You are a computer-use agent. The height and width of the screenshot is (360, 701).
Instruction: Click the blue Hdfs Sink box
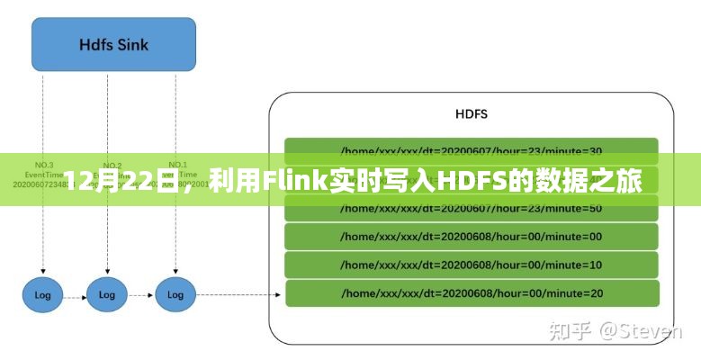(113, 44)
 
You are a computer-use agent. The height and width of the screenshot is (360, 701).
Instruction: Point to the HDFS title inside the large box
(472, 115)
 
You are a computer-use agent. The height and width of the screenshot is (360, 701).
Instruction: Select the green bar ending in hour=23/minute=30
(472, 149)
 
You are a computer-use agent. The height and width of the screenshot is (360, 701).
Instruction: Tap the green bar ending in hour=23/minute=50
(472, 208)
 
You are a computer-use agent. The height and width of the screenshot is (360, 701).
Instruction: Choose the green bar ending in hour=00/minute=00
(472, 236)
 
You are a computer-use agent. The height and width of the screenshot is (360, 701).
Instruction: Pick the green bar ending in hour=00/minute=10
(472, 265)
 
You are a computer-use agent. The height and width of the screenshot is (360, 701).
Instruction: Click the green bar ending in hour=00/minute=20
(472, 292)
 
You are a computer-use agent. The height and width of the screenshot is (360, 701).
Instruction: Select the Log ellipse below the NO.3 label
(40, 293)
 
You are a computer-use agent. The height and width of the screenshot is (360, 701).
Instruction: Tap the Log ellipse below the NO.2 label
(107, 293)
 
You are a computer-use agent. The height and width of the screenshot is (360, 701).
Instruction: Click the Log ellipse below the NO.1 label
(175, 293)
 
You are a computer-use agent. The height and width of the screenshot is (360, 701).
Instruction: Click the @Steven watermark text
(641, 331)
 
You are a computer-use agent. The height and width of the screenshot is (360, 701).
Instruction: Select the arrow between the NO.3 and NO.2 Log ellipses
(74, 293)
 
